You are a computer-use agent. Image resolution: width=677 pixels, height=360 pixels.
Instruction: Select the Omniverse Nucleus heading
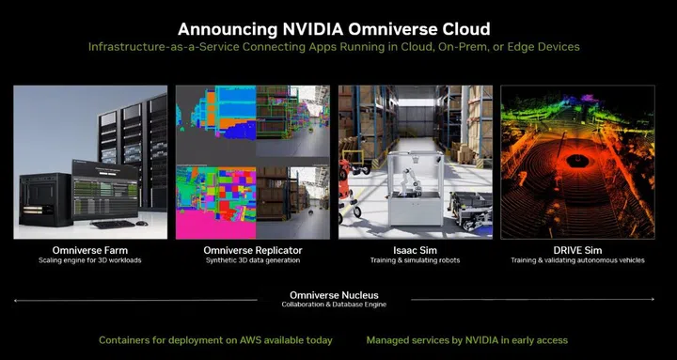[x=338, y=294]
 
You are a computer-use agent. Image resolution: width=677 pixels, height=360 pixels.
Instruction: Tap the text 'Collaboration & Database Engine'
[x=338, y=305]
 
